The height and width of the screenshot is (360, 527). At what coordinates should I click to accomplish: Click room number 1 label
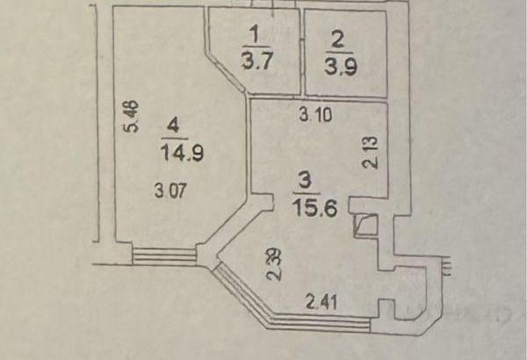255,34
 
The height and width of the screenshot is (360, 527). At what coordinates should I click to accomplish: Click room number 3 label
304,179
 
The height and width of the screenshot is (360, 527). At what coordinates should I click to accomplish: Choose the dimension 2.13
371,155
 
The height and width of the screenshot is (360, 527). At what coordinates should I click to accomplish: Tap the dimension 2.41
322,303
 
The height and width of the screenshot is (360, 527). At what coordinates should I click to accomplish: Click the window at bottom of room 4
164,256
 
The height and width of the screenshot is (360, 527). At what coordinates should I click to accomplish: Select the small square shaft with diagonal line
365,227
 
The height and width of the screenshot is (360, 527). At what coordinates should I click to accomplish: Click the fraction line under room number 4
173,139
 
